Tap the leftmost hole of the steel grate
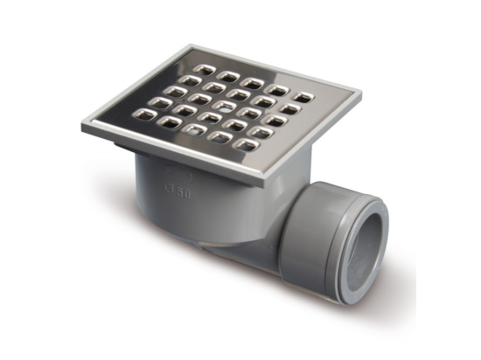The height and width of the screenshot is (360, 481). click(x=138, y=114)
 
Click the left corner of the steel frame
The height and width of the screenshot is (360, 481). click(x=85, y=123)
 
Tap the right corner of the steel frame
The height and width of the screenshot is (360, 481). click(x=359, y=91)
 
